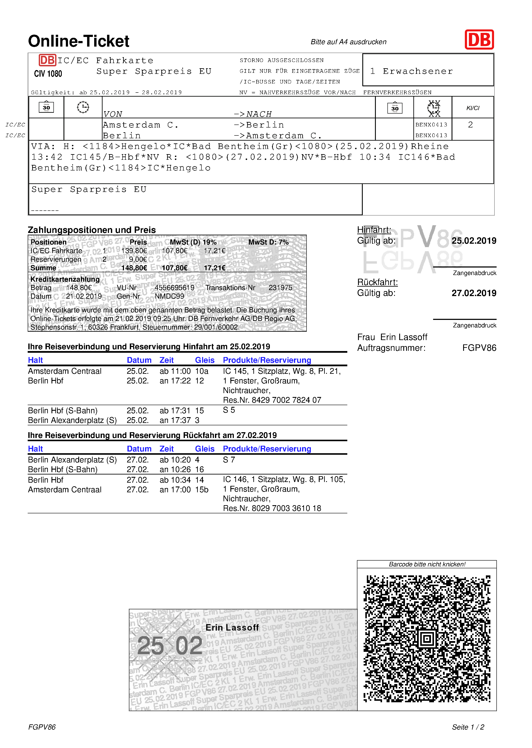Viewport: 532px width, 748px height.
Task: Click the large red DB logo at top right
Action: pos(479,40)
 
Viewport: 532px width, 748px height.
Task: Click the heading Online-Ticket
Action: pos(79,41)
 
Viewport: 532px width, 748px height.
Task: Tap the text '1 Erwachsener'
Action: pos(411,71)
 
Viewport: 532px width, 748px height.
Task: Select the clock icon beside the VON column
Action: pos(83,107)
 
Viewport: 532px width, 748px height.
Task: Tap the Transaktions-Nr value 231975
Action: pos(280,287)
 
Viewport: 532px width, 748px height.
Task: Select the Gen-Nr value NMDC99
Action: pos(169,296)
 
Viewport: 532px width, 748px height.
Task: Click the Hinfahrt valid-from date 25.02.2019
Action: pos(474,241)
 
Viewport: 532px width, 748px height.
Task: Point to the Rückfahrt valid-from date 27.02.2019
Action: pos(474,293)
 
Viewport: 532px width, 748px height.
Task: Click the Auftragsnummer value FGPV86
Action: pos(479,348)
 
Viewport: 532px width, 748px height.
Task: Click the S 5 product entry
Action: pos(229,410)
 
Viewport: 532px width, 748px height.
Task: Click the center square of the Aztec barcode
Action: pos(427,638)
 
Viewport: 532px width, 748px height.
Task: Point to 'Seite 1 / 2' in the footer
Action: pos(468,727)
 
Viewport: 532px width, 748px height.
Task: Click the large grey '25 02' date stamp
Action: pos(170,645)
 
